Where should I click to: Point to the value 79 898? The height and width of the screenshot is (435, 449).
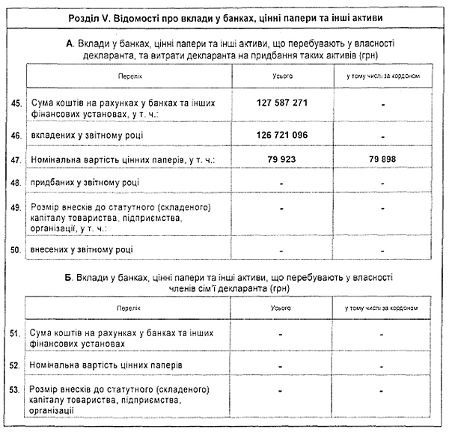click(x=382, y=159)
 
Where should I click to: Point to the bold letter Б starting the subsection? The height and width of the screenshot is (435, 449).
click(x=69, y=277)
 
